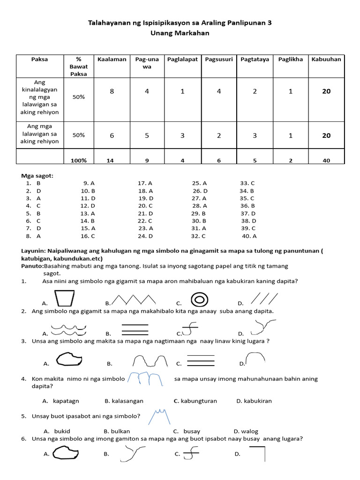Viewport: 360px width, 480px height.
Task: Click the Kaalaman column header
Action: point(112,59)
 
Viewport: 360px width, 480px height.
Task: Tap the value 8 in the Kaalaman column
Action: point(112,91)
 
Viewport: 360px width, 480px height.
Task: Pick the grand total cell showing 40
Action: point(326,160)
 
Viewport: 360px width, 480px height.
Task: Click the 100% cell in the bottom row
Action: point(79,160)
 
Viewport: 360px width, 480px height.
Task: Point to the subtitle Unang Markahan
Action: point(180,33)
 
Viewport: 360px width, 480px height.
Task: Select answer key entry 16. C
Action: point(88,236)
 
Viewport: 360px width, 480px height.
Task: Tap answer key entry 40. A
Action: point(249,236)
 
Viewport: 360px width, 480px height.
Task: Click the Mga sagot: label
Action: point(37,176)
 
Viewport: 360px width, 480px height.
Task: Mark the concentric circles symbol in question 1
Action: point(199,299)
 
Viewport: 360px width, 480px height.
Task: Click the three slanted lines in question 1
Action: point(264,298)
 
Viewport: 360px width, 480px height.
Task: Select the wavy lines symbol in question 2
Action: point(64,329)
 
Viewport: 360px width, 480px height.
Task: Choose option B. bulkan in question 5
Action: point(117,431)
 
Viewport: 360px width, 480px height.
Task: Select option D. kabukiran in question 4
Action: point(254,401)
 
